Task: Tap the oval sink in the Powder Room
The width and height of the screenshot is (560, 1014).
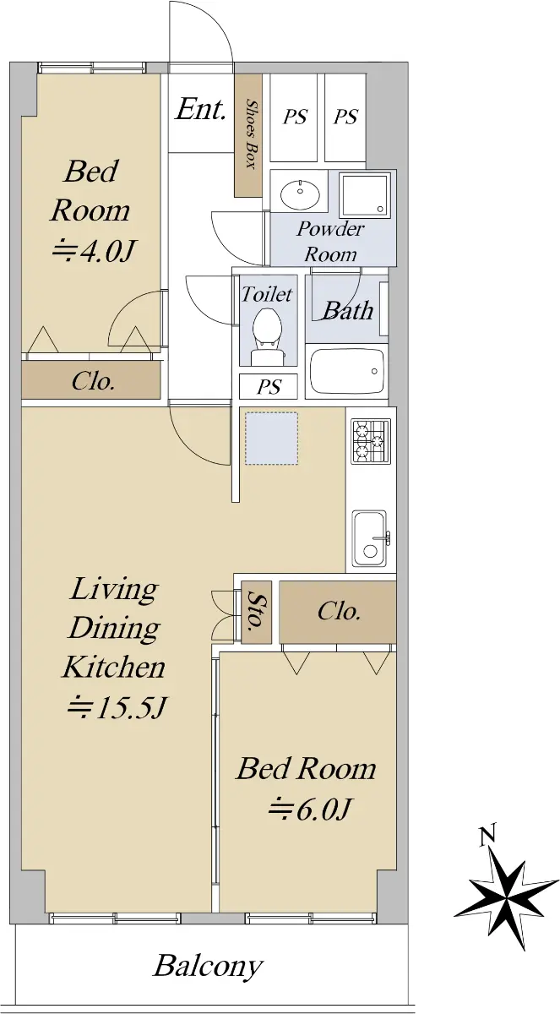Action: pos(301,194)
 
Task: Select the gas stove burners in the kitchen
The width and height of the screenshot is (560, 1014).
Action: pos(371,441)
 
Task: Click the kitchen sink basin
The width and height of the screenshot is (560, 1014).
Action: pos(370,538)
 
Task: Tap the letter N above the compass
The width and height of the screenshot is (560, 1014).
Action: pos(487,834)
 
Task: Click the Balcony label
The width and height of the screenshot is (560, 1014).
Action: pos(208,966)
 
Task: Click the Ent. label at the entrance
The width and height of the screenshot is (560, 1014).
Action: pos(200,109)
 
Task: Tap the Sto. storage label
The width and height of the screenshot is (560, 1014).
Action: pos(256,611)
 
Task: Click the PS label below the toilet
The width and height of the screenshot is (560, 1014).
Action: pos(269,387)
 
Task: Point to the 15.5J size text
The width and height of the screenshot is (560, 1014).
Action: pos(117,708)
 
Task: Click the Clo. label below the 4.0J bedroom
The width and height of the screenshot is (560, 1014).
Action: pos(92,381)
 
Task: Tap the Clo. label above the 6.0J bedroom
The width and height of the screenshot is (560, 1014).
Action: pos(339,612)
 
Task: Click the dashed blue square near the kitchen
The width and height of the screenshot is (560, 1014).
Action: pos(271,439)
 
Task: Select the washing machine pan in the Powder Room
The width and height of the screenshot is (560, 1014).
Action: pos(366,194)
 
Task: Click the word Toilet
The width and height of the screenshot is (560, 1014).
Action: pos(266,294)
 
